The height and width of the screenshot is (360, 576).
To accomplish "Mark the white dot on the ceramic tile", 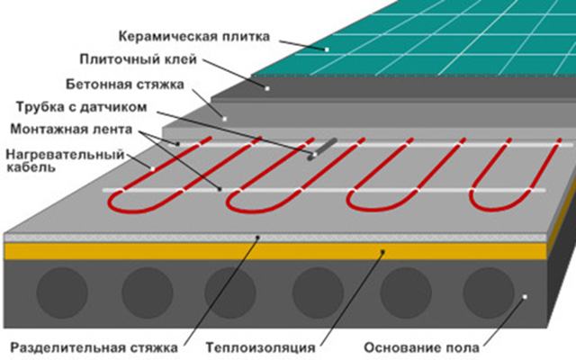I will click(328, 49).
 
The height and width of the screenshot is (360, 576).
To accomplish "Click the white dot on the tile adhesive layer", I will click(266, 88).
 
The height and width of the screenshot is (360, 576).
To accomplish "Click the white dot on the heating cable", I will click(153, 168).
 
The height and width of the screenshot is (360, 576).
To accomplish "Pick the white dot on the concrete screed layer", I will click(224, 118).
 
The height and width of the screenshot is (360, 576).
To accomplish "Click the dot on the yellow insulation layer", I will click(382, 252).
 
